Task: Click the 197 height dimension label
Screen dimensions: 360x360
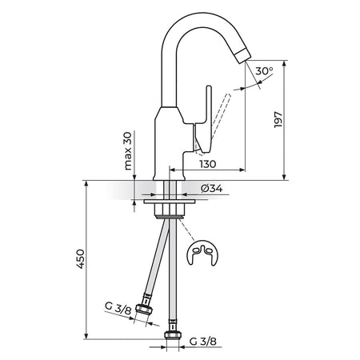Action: (x=278, y=120)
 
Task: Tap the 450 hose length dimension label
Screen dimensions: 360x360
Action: (x=80, y=259)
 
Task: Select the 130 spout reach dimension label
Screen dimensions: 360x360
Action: (x=208, y=164)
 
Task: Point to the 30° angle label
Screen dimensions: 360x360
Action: (x=264, y=71)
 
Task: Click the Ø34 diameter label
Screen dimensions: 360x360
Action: (x=212, y=189)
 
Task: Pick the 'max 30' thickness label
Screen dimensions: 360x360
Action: (x=128, y=151)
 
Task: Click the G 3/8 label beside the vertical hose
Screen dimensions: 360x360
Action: (x=203, y=341)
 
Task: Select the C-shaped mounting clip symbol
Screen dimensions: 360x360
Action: (x=202, y=254)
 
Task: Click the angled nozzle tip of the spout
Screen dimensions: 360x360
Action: (x=244, y=55)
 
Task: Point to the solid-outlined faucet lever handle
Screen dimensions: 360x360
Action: (x=205, y=120)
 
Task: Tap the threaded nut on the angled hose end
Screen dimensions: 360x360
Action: (x=144, y=310)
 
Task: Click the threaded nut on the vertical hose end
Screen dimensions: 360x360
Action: (x=173, y=334)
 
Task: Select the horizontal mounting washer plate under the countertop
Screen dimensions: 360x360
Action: (x=170, y=202)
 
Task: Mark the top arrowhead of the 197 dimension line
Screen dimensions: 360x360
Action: (x=285, y=64)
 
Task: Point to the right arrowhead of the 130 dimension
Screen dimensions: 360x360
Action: (x=242, y=170)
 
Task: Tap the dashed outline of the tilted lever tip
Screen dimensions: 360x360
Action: (x=227, y=97)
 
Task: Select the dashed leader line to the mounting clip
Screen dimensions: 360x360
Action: (x=187, y=231)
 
